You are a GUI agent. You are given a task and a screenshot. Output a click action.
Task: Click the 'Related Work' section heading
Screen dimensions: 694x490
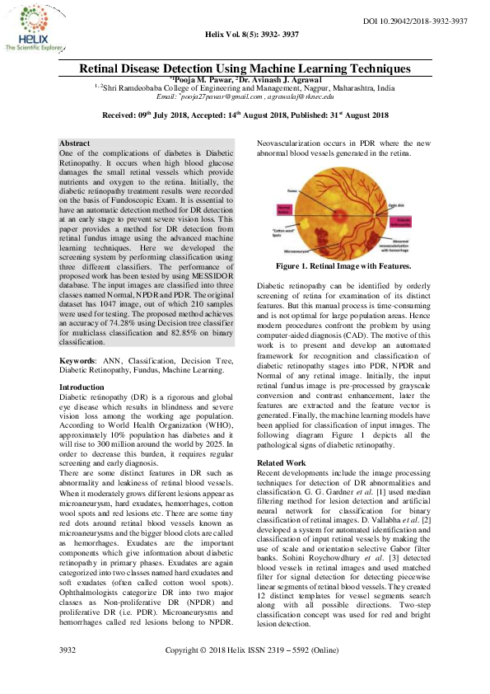click(282, 463)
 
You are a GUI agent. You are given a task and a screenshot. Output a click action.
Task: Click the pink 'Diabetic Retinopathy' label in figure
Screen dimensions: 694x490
click(422, 221)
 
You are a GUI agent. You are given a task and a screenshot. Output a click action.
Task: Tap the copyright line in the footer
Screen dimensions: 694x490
click(252, 673)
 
